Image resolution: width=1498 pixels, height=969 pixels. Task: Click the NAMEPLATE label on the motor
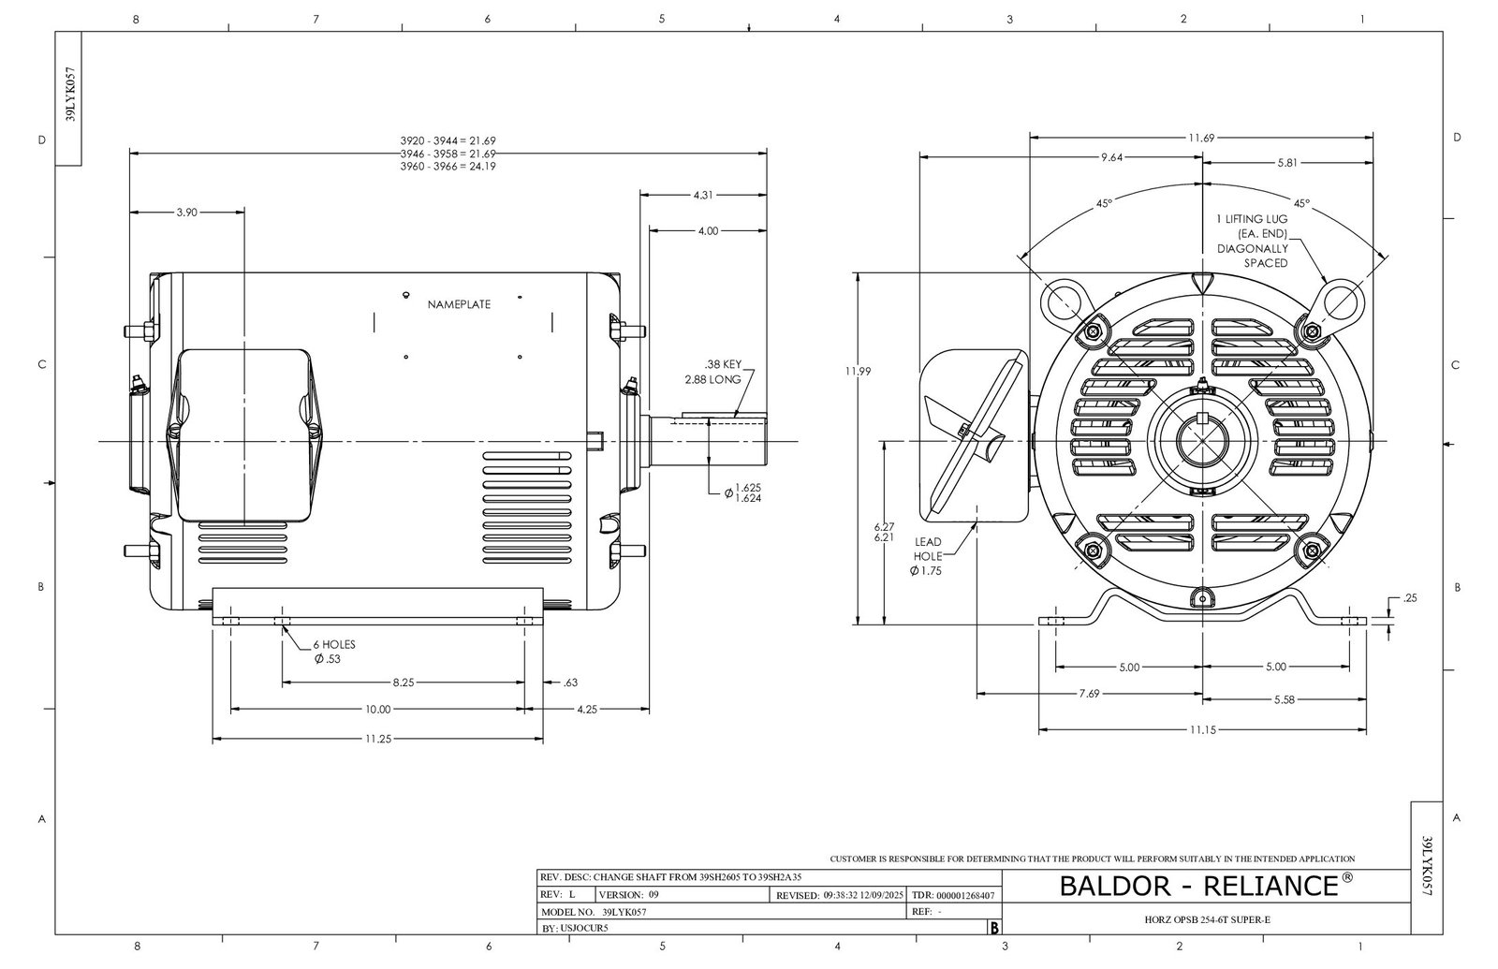coord(459,305)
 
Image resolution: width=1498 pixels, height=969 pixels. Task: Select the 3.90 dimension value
coord(186,213)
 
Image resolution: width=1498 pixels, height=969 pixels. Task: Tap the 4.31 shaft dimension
coord(703,195)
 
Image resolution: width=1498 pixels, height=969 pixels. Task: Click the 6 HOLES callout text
coord(333,644)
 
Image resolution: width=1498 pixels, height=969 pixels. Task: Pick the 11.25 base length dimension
coord(377,739)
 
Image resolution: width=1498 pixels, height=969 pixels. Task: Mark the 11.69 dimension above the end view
coord(1201,138)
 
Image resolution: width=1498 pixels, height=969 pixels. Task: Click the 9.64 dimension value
coord(1111,157)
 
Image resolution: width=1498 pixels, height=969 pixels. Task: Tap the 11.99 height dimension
coord(857,371)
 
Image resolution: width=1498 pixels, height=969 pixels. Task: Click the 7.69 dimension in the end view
coord(1088,694)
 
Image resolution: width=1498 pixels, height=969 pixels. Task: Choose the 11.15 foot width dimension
coord(1202,729)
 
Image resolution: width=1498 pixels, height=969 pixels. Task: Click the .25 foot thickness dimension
coord(1410,597)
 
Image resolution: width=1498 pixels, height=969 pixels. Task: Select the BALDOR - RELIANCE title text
coord(1206,885)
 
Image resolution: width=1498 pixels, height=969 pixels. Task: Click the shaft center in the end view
coord(1202,441)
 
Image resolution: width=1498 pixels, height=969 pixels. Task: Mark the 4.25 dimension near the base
coord(586,710)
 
